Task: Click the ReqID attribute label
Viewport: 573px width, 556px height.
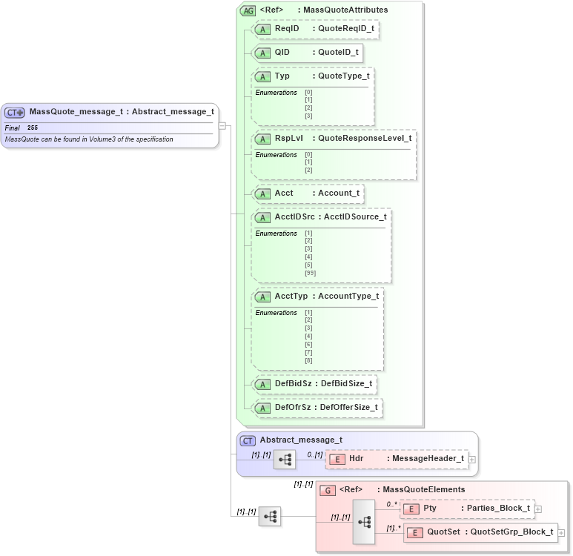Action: tap(286, 28)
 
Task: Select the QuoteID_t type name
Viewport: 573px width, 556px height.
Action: tap(338, 53)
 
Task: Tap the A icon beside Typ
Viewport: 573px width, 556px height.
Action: tap(262, 76)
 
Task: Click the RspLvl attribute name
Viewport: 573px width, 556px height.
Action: tap(288, 138)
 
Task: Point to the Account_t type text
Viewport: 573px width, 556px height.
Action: tap(339, 193)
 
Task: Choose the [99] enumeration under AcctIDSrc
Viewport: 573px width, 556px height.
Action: tap(309, 273)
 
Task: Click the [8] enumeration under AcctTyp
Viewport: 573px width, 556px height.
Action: tap(308, 360)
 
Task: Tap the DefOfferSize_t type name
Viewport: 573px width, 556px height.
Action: tap(348, 407)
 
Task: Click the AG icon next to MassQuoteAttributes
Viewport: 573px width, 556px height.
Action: tap(248, 10)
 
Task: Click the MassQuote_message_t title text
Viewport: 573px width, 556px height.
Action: tap(76, 112)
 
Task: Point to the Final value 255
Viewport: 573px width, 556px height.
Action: tap(33, 128)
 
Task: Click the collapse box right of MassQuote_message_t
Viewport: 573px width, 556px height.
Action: tap(222, 125)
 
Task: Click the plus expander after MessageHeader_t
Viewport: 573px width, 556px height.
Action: tap(471, 459)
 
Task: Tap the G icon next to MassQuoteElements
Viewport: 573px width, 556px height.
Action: tap(327, 490)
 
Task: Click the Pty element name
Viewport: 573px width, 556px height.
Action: tap(430, 508)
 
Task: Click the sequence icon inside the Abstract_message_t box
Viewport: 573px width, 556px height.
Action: tap(284, 459)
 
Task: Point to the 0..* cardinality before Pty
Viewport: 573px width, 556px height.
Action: tap(391, 503)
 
